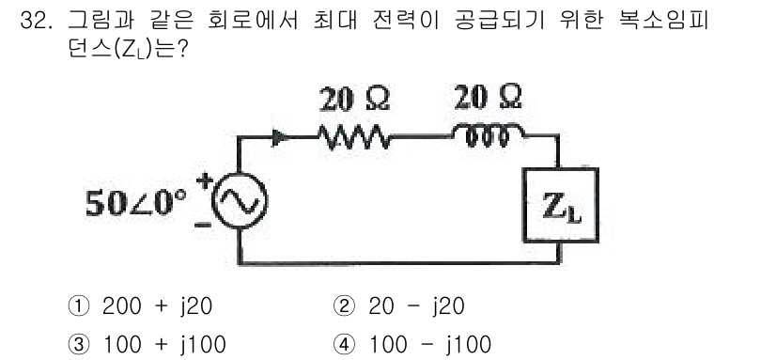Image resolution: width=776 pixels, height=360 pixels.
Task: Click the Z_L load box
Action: coord(561,206)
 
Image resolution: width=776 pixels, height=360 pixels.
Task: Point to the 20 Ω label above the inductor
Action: coord(488,97)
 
